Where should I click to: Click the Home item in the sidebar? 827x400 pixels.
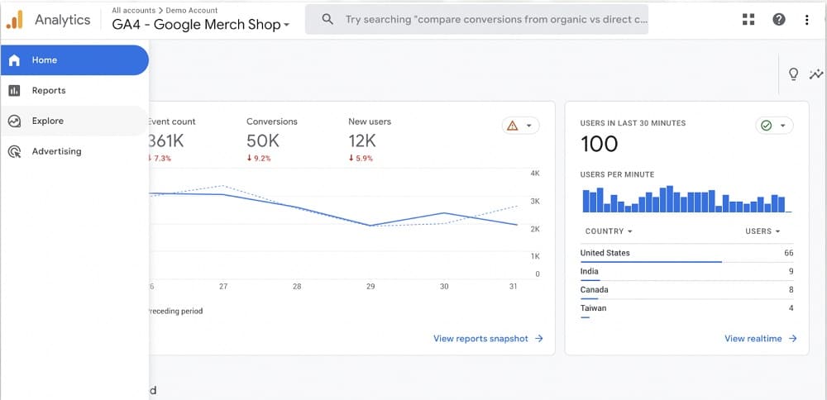click(x=45, y=60)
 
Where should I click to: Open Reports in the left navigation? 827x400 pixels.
click(x=48, y=91)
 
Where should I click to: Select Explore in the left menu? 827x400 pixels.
click(x=47, y=121)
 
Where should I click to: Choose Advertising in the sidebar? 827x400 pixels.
click(x=56, y=152)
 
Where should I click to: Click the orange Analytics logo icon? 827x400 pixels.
click(x=15, y=20)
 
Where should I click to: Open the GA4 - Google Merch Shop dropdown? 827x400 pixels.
click(x=201, y=25)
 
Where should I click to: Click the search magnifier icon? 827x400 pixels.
click(x=328, y=19)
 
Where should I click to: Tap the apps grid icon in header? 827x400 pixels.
click(x=749, y=19)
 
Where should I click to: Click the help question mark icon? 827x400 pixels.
click(x=779, y=19)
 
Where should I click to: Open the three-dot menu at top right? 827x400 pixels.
click(x=807, y=19)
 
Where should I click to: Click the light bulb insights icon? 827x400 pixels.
click(x=794, y=74)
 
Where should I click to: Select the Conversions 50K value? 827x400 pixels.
click(x=263, y=140)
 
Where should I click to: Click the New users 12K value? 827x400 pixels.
click(x=362, y=140)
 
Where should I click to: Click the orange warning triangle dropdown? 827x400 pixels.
click(x=521, y=126)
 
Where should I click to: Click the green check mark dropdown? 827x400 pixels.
click(x=774, y=126)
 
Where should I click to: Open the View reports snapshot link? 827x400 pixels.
click(x=488, y=339)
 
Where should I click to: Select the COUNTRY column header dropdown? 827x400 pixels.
click(x=608, y=231)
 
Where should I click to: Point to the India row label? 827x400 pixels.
click(x=590, y=271)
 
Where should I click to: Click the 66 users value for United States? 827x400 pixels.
click(x=788, y=253)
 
